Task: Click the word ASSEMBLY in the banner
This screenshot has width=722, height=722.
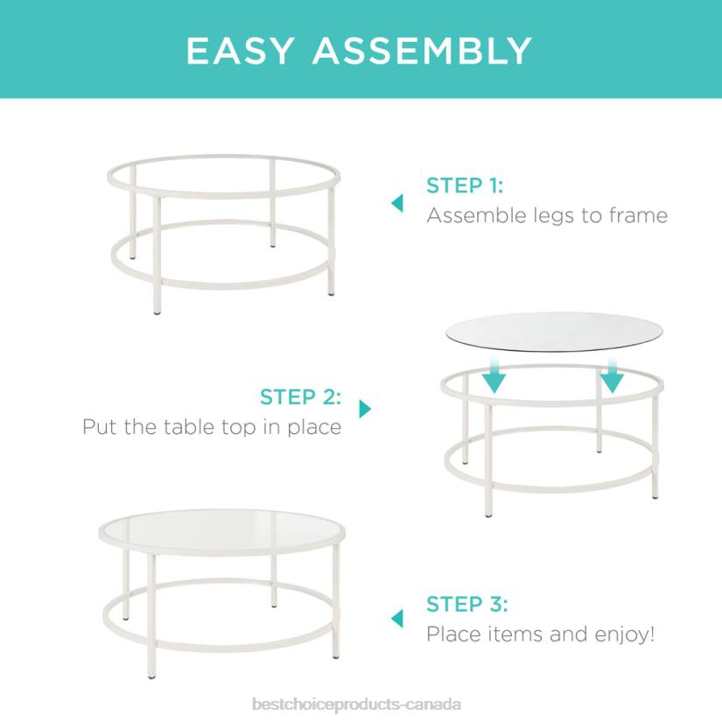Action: (x=423, y=51)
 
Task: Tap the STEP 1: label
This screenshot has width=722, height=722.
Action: (x=465, y=186)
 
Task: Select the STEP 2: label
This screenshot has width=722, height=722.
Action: (x=300, y=397)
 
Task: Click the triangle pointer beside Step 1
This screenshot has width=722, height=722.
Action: (x=397, y=203)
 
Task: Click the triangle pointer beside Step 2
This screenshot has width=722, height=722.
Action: (x=365, y=409)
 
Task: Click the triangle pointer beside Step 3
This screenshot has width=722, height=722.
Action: (x=397, y=619)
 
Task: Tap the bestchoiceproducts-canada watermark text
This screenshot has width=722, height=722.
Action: (x=355, y=704)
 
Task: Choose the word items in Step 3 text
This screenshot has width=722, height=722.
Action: (x=519, y=634)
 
